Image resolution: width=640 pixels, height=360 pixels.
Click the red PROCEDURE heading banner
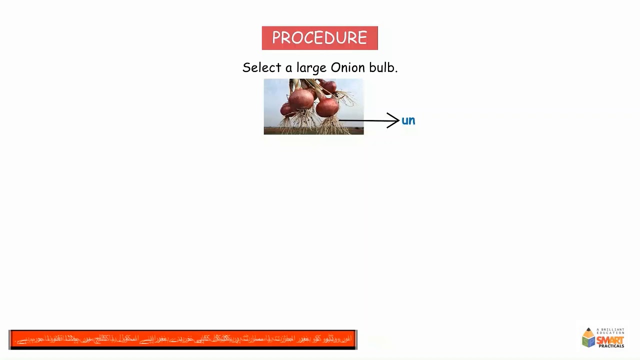pos(319,38)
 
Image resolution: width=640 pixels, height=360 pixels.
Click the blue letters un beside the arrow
pos(408,120)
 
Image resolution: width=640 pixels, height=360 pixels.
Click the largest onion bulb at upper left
pos(301,98)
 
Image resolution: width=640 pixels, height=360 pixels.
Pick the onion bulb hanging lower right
pos(327,106)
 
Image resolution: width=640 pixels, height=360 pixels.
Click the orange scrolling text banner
pos(182,339)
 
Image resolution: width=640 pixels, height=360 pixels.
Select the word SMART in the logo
pos(610,340)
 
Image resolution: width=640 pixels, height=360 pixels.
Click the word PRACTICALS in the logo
pos(611,346)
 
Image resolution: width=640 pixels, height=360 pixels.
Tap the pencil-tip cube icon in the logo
pos(588,338)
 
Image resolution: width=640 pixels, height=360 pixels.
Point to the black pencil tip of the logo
pos(588,329)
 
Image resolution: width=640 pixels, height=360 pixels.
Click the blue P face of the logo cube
pos(585,341)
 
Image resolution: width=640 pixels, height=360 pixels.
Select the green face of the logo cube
pos(592,341)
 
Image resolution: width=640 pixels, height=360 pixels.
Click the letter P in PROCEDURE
pos(276,38)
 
